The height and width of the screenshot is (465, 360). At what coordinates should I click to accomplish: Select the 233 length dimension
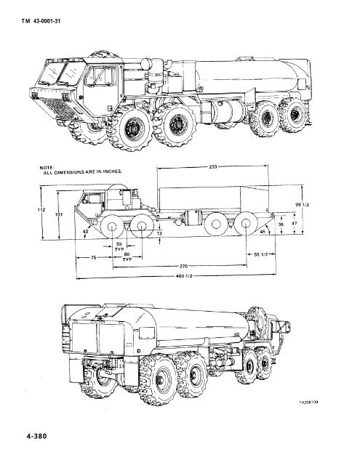coord(213,166)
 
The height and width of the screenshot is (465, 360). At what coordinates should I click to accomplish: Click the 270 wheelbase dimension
coord(192,267)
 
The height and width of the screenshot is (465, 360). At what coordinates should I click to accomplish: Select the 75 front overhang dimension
coord(95,257)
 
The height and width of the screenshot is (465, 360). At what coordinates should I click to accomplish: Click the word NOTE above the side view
coord(49,166)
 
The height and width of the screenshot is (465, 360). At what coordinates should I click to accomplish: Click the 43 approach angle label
coord(86,231)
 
